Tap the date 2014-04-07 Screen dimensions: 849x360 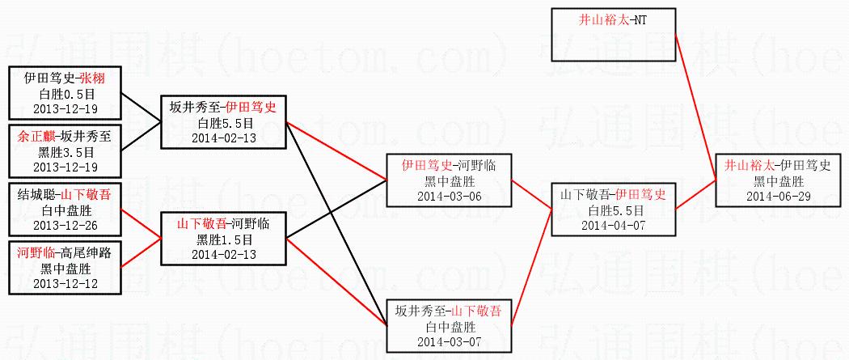point(613,224)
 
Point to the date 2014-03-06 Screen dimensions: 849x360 point(448,195)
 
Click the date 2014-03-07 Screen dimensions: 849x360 point(448,341)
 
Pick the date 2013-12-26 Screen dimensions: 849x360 point(65,224)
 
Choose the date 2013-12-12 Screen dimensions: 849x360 point(65,283)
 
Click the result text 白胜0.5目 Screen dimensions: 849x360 point(65,93)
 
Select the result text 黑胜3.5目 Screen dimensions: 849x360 point(65,151)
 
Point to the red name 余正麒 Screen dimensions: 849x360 point(33,137)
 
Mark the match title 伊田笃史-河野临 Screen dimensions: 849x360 point(448,166)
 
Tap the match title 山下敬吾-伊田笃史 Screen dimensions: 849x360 point(613,195)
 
